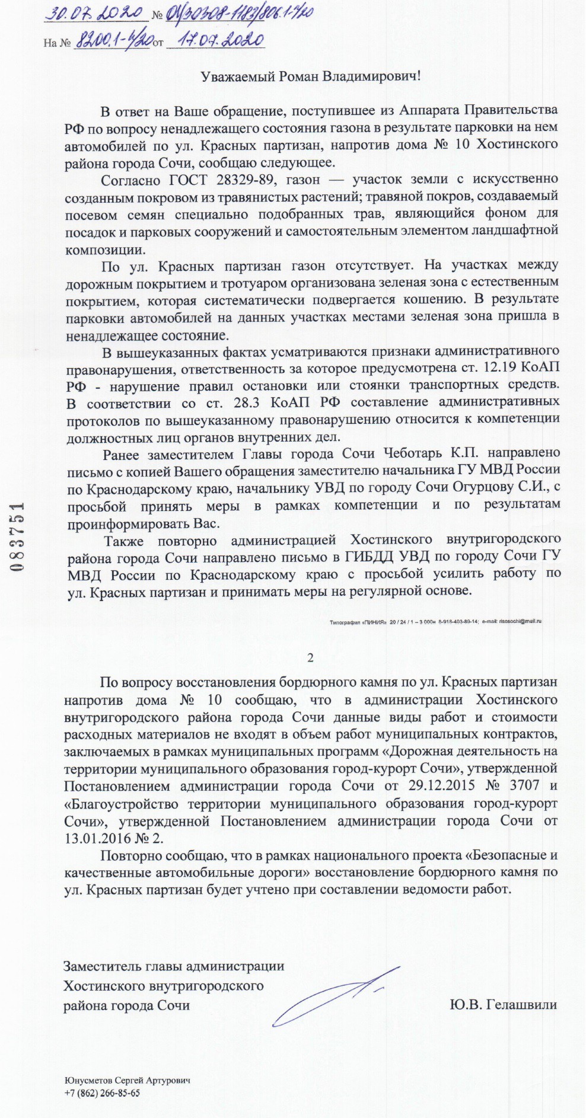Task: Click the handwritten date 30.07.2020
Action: pos(95,14)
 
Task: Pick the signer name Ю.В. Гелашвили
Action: pos(503,1004)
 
